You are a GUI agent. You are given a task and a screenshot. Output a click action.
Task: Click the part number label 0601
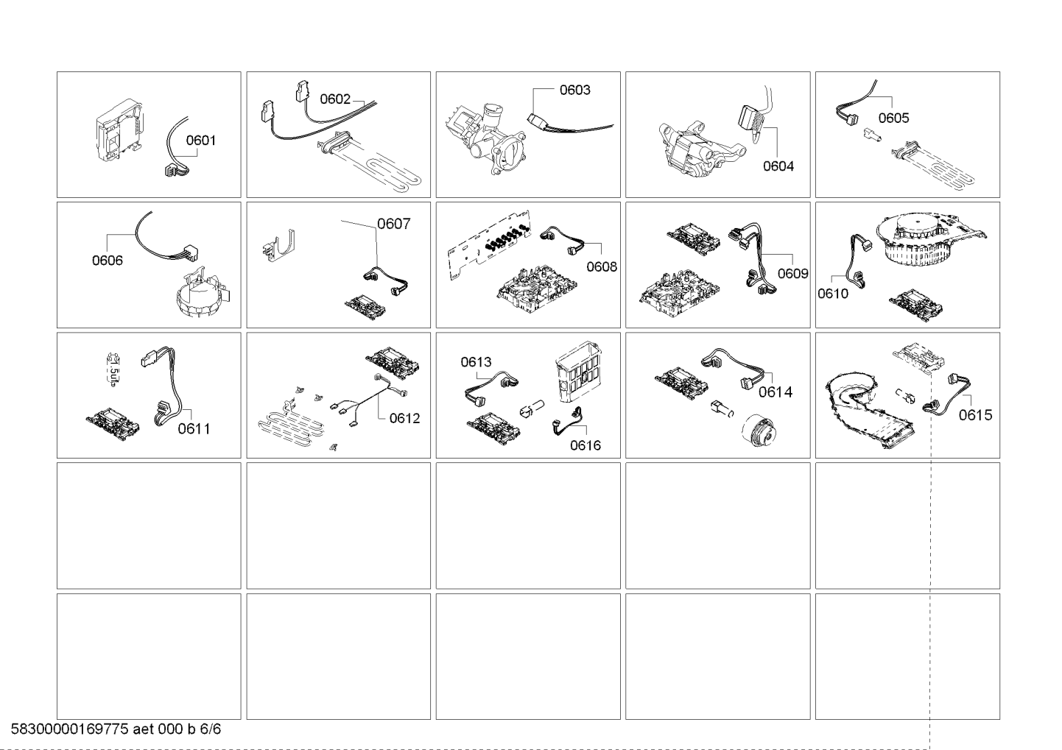pos(200,141)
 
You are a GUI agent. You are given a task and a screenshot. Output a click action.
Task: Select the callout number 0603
pos(574,90)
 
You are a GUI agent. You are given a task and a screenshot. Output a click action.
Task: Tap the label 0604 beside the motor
pos(778,166)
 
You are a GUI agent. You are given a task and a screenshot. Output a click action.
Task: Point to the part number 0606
pos(107,261)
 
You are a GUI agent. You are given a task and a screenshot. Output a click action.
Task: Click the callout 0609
pos(792,273)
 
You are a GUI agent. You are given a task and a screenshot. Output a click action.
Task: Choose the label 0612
pos(404,418)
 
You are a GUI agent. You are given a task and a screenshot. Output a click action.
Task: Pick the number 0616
pos(585,445)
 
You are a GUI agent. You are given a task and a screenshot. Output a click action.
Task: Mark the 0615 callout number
pos(975,415)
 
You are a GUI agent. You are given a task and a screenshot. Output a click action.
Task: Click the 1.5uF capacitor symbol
pos(113,370)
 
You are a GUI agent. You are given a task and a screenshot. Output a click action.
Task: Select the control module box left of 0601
pos(119,130)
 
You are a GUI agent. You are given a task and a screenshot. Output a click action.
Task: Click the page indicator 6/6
pos(211,729)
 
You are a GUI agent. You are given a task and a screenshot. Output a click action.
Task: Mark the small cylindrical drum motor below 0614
pos(759,430)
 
